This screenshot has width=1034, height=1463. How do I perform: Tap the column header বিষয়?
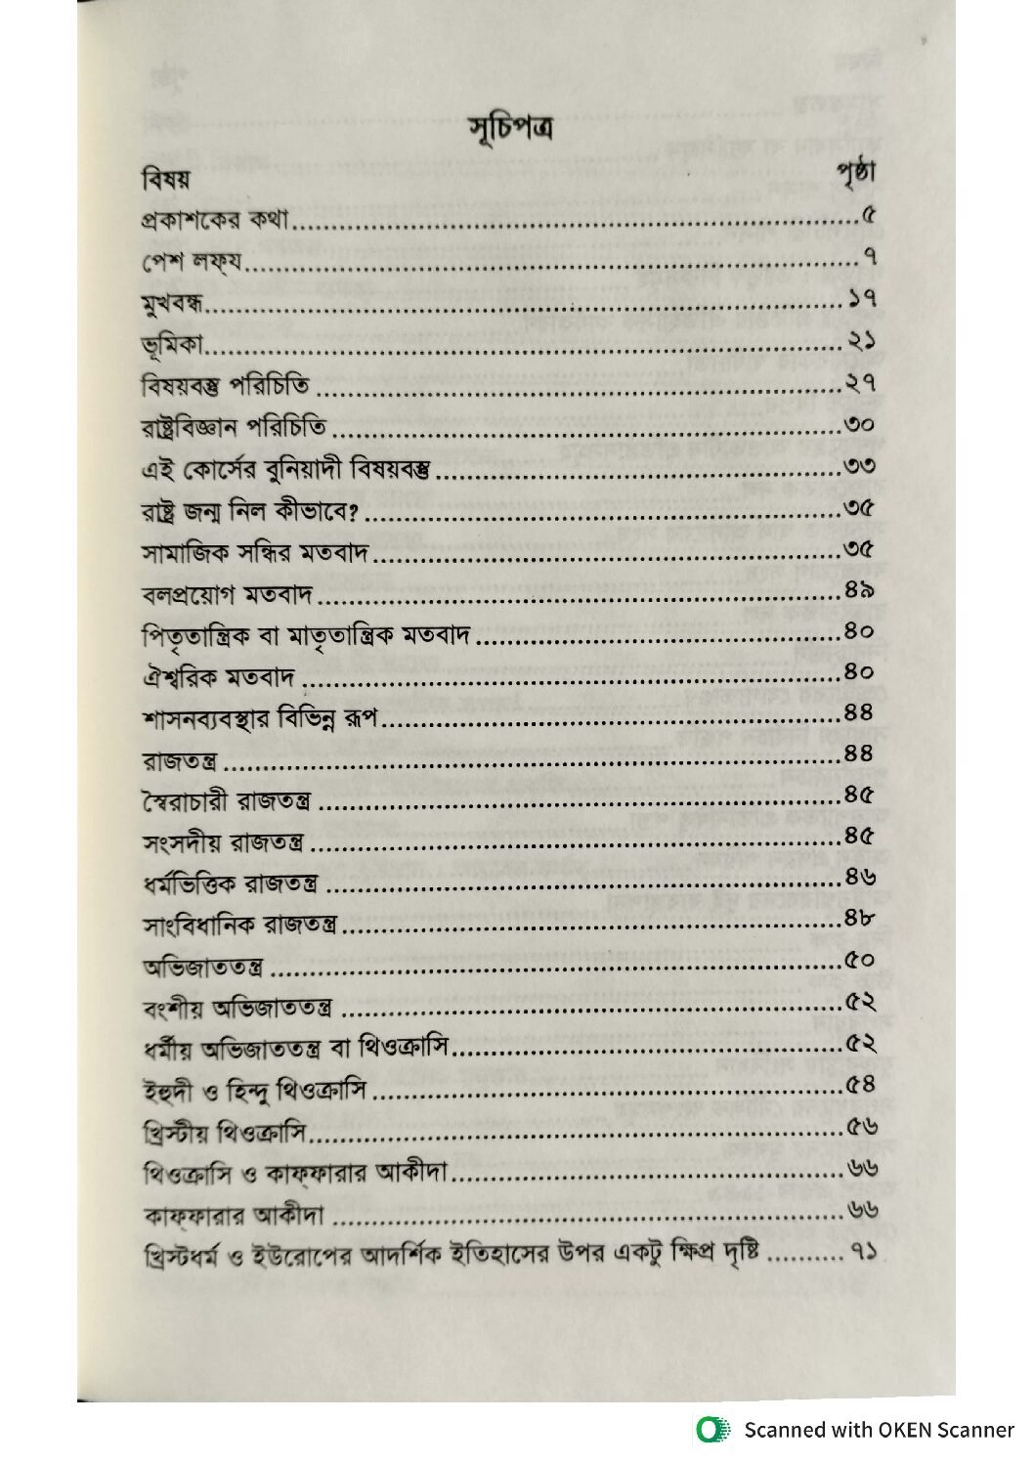[x=164, y=182]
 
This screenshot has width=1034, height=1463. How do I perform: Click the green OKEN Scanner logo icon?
[x=713, y=1430]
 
